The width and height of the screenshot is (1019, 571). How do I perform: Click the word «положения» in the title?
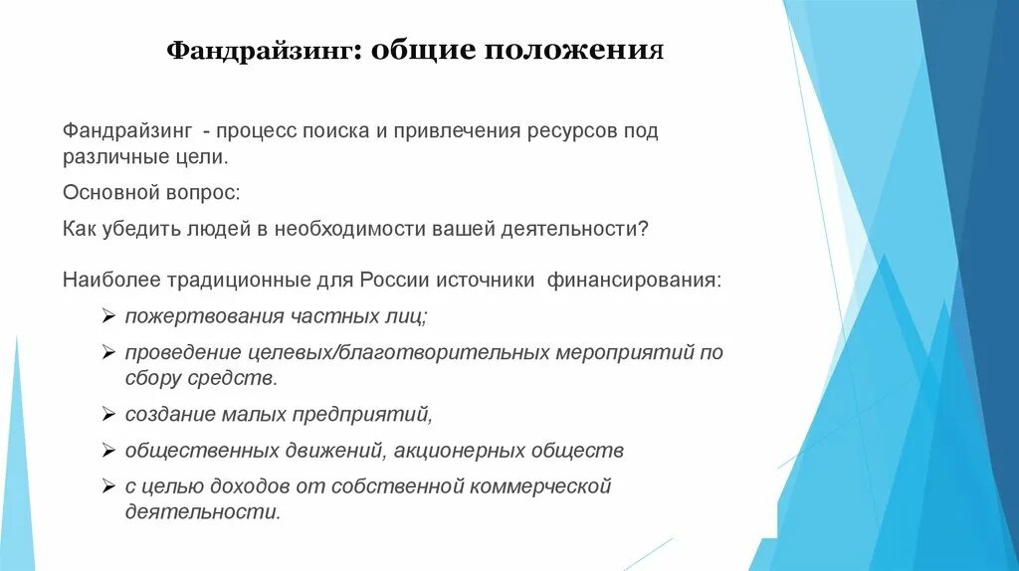pyautogui.click(x=574, y=51)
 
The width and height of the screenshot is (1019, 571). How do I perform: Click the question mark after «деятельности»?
pyautogui.click(x=644, y=228)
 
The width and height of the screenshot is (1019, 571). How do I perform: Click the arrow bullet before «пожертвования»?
pyautogui.click(x=107, y=316)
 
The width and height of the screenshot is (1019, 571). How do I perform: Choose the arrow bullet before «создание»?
pyautogui.click(x=107, y=413)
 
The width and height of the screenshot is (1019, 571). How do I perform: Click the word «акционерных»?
pyautogui.click(x=459, y=450)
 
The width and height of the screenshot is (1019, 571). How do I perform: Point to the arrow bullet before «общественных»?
pyautogui.click(x=107, y=450)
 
